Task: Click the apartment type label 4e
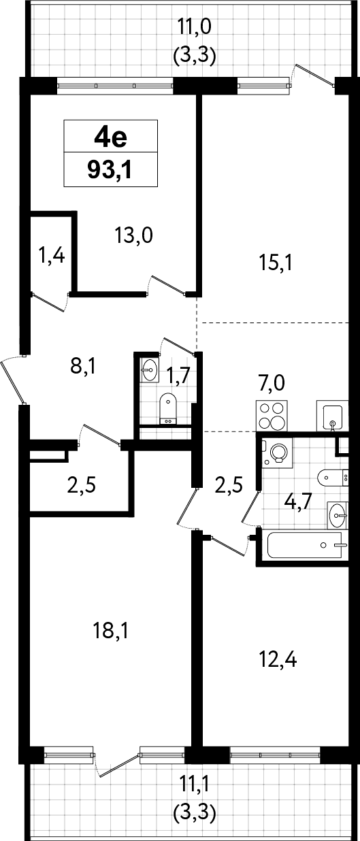point(111,137)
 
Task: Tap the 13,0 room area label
point(134,236)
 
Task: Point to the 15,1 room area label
point(276,263)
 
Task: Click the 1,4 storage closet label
point(52,256)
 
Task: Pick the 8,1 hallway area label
point(83,366)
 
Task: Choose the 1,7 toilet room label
point(178,376)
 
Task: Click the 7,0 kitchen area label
point(271,383)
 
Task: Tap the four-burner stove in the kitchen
point(272,416)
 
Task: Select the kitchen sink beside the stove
point(333,416)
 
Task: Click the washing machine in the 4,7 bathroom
point(278,453)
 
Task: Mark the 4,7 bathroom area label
point(299,503)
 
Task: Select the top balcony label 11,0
point(195,27)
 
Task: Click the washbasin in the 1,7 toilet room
point(149,369)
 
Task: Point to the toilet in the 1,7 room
point(167,409)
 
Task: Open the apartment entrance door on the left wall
point(13,380)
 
